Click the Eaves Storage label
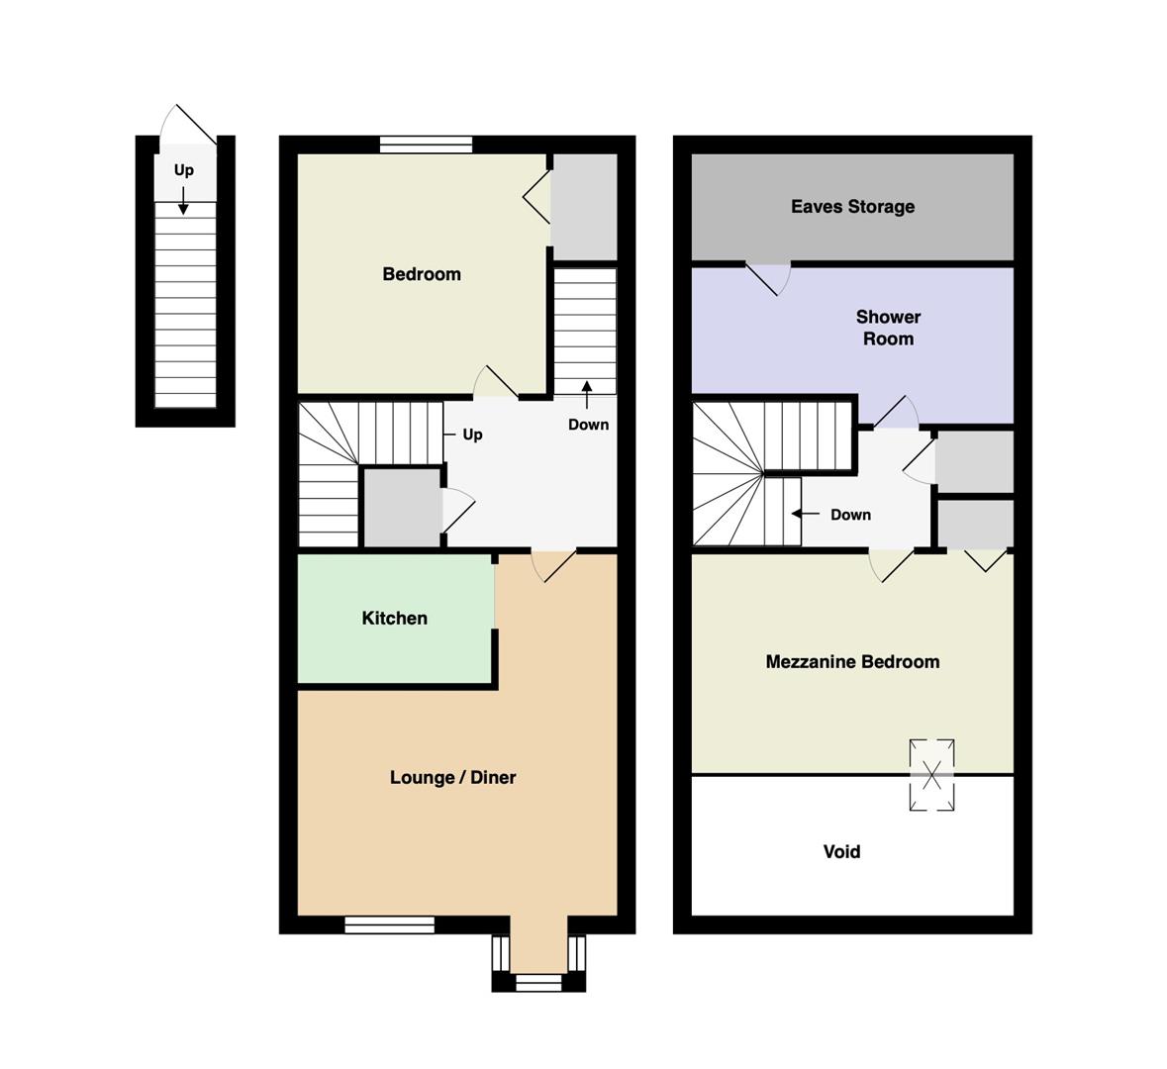pyautogui.click(x=852, y=206)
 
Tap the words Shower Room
pyautogui.click(x=888, y=328)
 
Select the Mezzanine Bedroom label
pyautogui.click(x=852, y=662)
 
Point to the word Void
pyautogui.click(x=841, y=851)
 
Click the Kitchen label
pyautogui.click(x=395, y=618)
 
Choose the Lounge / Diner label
pyautogui.click(x=452, y=777)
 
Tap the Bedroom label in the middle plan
pyautogui.click(x=422, y=274)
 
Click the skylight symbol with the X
pyautogui.click(x=931, y=775)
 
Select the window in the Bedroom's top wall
pyautogui.click(x=426, y=145)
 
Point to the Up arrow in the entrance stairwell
pyautogui.click(x=183, y=201)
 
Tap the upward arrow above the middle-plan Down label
pyautogui.click(x=587, y=395)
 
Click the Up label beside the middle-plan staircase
pyautogui.click(x=472, y=434)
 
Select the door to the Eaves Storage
pyautogui.click(x=768, y=278)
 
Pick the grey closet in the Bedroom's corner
pyautogui.click(x=584, y=206)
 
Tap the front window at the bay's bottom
pyautogui.click(x=538, y=983)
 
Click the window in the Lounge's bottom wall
pyautogui.click(x=389, y=924)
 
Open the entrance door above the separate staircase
pyautogui.click(x=187, y=125)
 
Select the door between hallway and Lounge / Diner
pyautogui.click(x=553, y=565)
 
